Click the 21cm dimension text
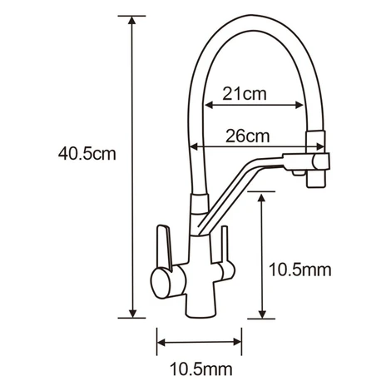click(245, 94)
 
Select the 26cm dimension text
click(247, 136)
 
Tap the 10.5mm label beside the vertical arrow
click(300, 270)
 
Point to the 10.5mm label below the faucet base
click(201, 369)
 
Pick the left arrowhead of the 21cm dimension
click(209, 105)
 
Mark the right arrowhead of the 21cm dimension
click(299, 105)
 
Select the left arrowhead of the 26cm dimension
click(195, 146)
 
